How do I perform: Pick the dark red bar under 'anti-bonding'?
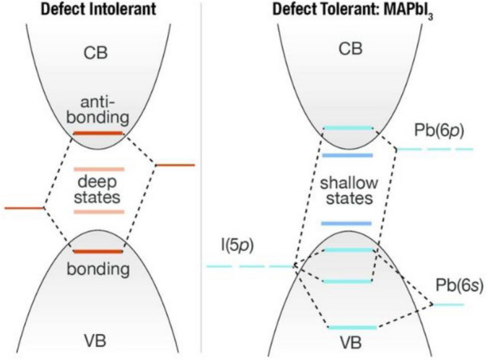[x=98, y=132]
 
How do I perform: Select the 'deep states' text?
[x=98, y=189]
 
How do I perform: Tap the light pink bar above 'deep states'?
[x=98, y=169]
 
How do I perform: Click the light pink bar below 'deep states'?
[x=98, y=211]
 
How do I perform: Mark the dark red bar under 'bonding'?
[x=98, y=251]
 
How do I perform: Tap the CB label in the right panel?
[x=347, y=54]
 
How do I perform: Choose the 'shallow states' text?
[x=347, y=189]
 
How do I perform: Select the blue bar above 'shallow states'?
[x=347, y=154]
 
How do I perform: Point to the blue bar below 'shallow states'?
[x=347, y=223]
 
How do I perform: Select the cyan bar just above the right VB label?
[x=352, y=327]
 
